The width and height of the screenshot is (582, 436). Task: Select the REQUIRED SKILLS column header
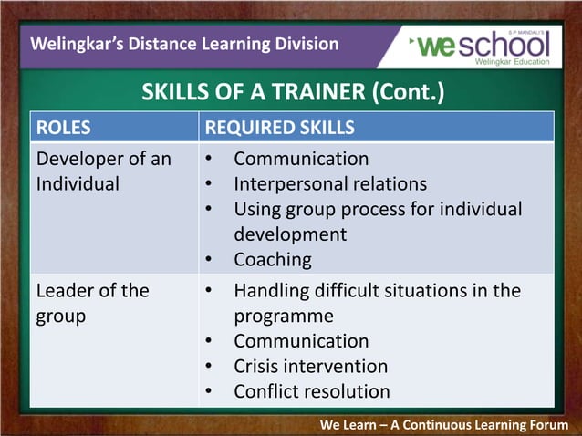(280, 128)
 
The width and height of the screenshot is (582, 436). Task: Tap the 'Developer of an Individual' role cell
(102, 171)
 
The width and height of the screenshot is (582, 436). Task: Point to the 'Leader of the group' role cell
(91, 303)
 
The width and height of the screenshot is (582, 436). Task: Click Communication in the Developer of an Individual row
(301, 159)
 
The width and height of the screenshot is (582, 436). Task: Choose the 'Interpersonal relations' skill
(330, 183)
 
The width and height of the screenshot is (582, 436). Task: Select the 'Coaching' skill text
(272, 259)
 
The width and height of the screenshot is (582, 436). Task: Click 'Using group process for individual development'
(377, 222)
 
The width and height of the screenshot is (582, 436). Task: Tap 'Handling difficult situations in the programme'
(377, 303)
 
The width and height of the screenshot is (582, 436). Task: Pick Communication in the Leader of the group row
(301, 341)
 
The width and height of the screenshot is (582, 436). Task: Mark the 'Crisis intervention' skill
(310, 366)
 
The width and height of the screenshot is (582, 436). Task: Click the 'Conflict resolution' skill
(312, 391)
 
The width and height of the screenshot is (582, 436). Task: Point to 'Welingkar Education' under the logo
(512, 62)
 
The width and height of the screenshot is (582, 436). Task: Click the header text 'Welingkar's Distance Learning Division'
(184, 44)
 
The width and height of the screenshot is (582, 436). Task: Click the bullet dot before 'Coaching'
(209, 260)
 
